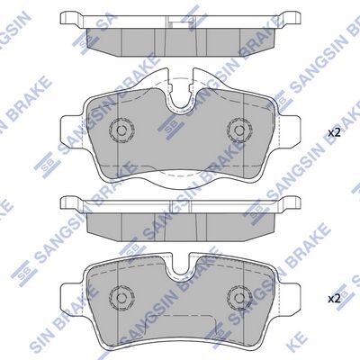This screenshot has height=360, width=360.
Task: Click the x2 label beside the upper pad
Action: [x=334, y=133]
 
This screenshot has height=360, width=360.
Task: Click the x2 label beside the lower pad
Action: [x=334, y=299]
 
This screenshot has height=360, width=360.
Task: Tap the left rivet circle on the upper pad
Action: [x=121, y=130]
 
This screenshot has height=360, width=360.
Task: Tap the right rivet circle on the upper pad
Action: [x=239, y=130]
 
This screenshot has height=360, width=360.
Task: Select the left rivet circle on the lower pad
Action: [x=121, y=297]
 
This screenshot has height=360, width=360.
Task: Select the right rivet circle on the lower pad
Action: [x=239, y=297]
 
